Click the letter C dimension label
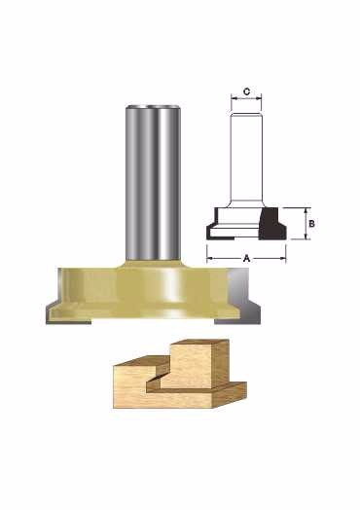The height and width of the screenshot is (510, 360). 247,91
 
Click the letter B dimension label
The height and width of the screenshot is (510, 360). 311,224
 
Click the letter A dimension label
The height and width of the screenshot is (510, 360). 246,259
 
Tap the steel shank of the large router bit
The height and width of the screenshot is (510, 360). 153,182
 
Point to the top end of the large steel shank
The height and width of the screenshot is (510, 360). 153,106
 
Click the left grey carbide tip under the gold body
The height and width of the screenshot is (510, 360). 69,319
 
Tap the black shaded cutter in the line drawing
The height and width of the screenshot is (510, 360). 272,224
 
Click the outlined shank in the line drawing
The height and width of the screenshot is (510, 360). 246,160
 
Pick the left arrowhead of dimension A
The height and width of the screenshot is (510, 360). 209,259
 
